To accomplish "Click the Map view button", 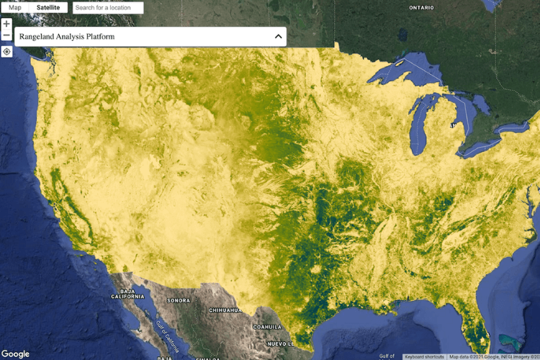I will point(15,7).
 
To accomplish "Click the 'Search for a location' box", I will point(108,7).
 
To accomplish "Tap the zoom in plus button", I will point(6,24).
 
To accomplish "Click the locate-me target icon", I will point(6,52).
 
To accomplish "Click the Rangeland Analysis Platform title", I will point(67,37).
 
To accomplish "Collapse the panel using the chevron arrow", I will point(279,37).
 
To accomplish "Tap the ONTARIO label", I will point(421,8).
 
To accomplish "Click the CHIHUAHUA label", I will point(224,311).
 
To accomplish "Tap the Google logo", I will point(15,354).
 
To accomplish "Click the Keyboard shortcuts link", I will point(424,356).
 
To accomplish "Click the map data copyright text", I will point(492,356).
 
